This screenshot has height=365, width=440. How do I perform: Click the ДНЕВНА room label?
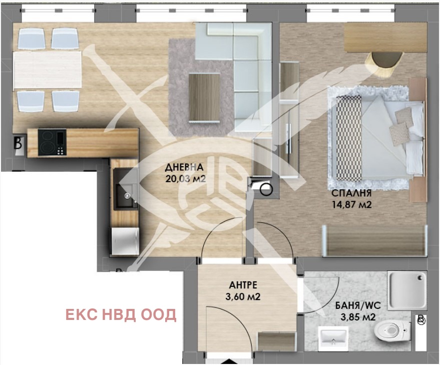[x=184, y=167]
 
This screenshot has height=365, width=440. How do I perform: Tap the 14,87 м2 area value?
[x=352, y=205]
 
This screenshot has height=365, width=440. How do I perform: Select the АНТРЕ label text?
[x=243, y=285]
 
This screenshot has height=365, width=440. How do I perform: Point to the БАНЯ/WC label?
[x=358, y=305]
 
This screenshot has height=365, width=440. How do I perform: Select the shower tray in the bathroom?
[x=407, y=290]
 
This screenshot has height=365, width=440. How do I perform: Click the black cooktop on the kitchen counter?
[x=52, y=142]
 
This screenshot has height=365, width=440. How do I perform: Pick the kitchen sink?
[x=126, y=189]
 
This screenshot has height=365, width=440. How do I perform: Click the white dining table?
[x=48, y=70]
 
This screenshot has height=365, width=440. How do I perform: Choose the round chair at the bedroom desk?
[x=383, y=64]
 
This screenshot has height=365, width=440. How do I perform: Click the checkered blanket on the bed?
[x=349, y=138]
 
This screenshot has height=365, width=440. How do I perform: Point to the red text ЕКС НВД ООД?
[x=121, y=315]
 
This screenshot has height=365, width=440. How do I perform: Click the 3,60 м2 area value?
[x=243, y=297]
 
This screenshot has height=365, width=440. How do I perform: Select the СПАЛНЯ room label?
[x=351, y=193]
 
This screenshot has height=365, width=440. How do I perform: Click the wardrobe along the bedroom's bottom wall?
[x=374, y=241]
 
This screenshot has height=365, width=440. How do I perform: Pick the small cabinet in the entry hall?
[x=277, y=341]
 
